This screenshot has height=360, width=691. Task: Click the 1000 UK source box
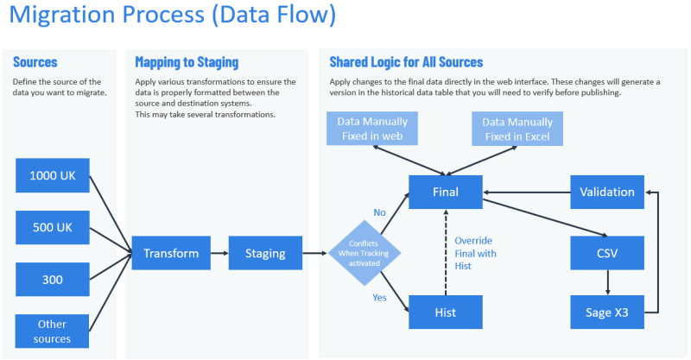pos(52,175)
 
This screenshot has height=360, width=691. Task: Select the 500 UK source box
pos(52,227)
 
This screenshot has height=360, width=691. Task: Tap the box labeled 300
pos(52,280)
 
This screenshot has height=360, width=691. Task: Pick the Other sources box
pos(52,331)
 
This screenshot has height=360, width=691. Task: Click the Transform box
pos(171,253)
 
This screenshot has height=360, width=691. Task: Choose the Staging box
pos(265,253)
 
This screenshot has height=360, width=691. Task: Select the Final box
pos(445,192)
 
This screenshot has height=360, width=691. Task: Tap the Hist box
pos(445,313)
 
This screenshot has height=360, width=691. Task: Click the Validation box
pos(607,192)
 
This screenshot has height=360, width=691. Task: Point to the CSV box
pos(607,253)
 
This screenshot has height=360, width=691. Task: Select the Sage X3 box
pos(607,313)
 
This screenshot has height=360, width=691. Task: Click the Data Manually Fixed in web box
pos(372,129)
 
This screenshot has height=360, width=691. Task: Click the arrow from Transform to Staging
pos(219,253)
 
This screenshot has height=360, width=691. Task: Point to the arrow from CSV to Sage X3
pos(607,282)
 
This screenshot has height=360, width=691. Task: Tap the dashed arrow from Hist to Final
pos(445,252)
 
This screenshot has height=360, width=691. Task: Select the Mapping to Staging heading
pos(187,62)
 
